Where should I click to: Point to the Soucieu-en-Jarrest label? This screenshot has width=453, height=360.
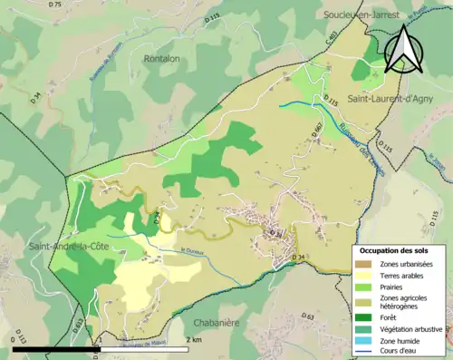(365, 15)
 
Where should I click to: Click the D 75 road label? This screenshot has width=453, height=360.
(55, 5)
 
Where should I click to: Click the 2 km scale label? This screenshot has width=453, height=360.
(193, 339)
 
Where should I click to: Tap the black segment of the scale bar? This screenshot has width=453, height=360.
(55, 348)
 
